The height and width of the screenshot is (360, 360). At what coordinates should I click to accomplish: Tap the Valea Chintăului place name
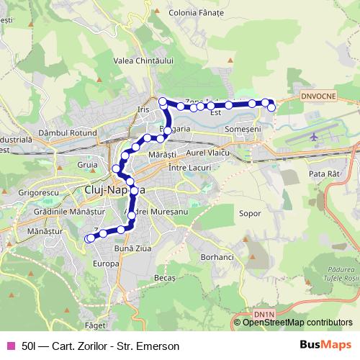coord(144,61)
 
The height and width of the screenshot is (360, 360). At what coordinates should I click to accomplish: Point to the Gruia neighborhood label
coord(86,165)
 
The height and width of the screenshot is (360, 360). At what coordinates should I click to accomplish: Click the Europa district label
coord(105,264)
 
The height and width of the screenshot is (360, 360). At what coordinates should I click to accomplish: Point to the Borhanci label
coord(217,257)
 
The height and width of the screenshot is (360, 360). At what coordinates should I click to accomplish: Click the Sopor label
coord(248,214)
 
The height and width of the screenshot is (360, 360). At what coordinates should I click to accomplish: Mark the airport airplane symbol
coord(314,136)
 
